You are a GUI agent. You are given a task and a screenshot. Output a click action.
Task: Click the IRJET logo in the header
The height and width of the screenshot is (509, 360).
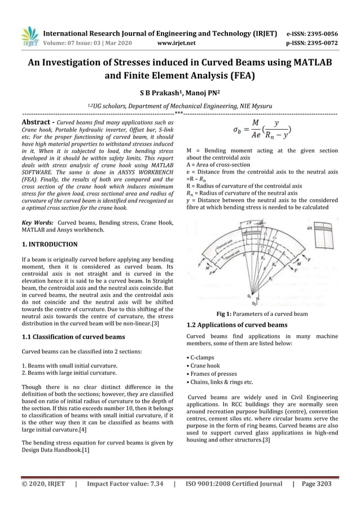[29, 36]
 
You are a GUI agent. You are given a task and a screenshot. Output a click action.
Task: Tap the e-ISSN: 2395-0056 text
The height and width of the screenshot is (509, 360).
[312, 33]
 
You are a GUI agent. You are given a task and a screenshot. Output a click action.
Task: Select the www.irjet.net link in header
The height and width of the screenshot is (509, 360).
[178, 42]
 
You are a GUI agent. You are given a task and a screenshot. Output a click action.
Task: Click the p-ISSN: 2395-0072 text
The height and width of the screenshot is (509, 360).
[312, 42]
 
